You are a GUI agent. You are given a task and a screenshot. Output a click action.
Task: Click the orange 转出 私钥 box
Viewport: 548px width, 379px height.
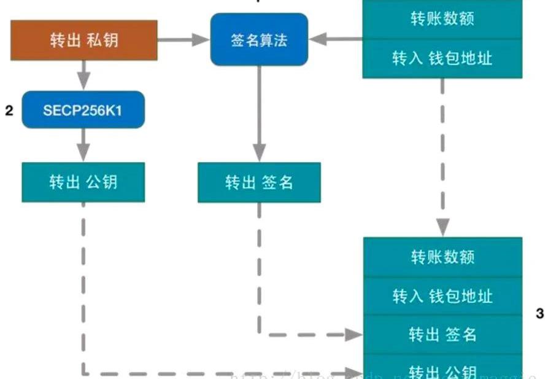[x=83, y=40]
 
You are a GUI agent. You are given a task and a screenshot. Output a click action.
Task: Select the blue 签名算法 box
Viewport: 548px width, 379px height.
[x=259, y=39]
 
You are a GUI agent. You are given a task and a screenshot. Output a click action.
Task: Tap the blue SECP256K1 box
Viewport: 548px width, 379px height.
[x=83, y=110]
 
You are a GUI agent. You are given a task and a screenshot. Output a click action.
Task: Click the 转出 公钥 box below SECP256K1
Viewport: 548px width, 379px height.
[x=83, y=182]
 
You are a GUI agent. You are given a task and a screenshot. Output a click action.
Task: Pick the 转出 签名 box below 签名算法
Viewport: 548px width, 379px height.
[x=259, y=182]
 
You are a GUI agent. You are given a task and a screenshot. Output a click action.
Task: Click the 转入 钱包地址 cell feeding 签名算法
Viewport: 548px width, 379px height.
[x=442, y=58]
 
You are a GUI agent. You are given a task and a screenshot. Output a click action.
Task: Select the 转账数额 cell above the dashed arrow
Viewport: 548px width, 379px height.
[x=442, y=19]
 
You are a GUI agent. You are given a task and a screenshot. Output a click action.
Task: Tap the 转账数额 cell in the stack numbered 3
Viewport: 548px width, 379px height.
[x=442, y=257]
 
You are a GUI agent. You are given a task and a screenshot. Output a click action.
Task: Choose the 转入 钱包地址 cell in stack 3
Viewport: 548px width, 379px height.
[x=442, y=296]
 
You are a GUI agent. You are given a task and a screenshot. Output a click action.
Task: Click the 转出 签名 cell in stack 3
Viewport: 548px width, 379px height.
[x=442, y=334]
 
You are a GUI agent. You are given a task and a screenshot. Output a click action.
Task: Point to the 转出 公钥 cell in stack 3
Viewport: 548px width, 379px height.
[x=442, y=370]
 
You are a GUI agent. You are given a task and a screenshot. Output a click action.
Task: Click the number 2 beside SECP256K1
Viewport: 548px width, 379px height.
[x=9, y=111]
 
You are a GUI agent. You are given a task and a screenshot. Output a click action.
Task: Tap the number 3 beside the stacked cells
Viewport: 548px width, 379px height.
[x=539, y=314]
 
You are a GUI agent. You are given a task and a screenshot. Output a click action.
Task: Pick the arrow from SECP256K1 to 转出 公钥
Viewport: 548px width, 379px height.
[x=83, y=146]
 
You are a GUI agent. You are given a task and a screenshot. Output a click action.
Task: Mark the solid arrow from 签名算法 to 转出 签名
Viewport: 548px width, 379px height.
[x=259, y=111]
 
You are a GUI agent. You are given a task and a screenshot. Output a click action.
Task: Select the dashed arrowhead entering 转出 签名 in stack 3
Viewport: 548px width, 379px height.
[x=354, y=335]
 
